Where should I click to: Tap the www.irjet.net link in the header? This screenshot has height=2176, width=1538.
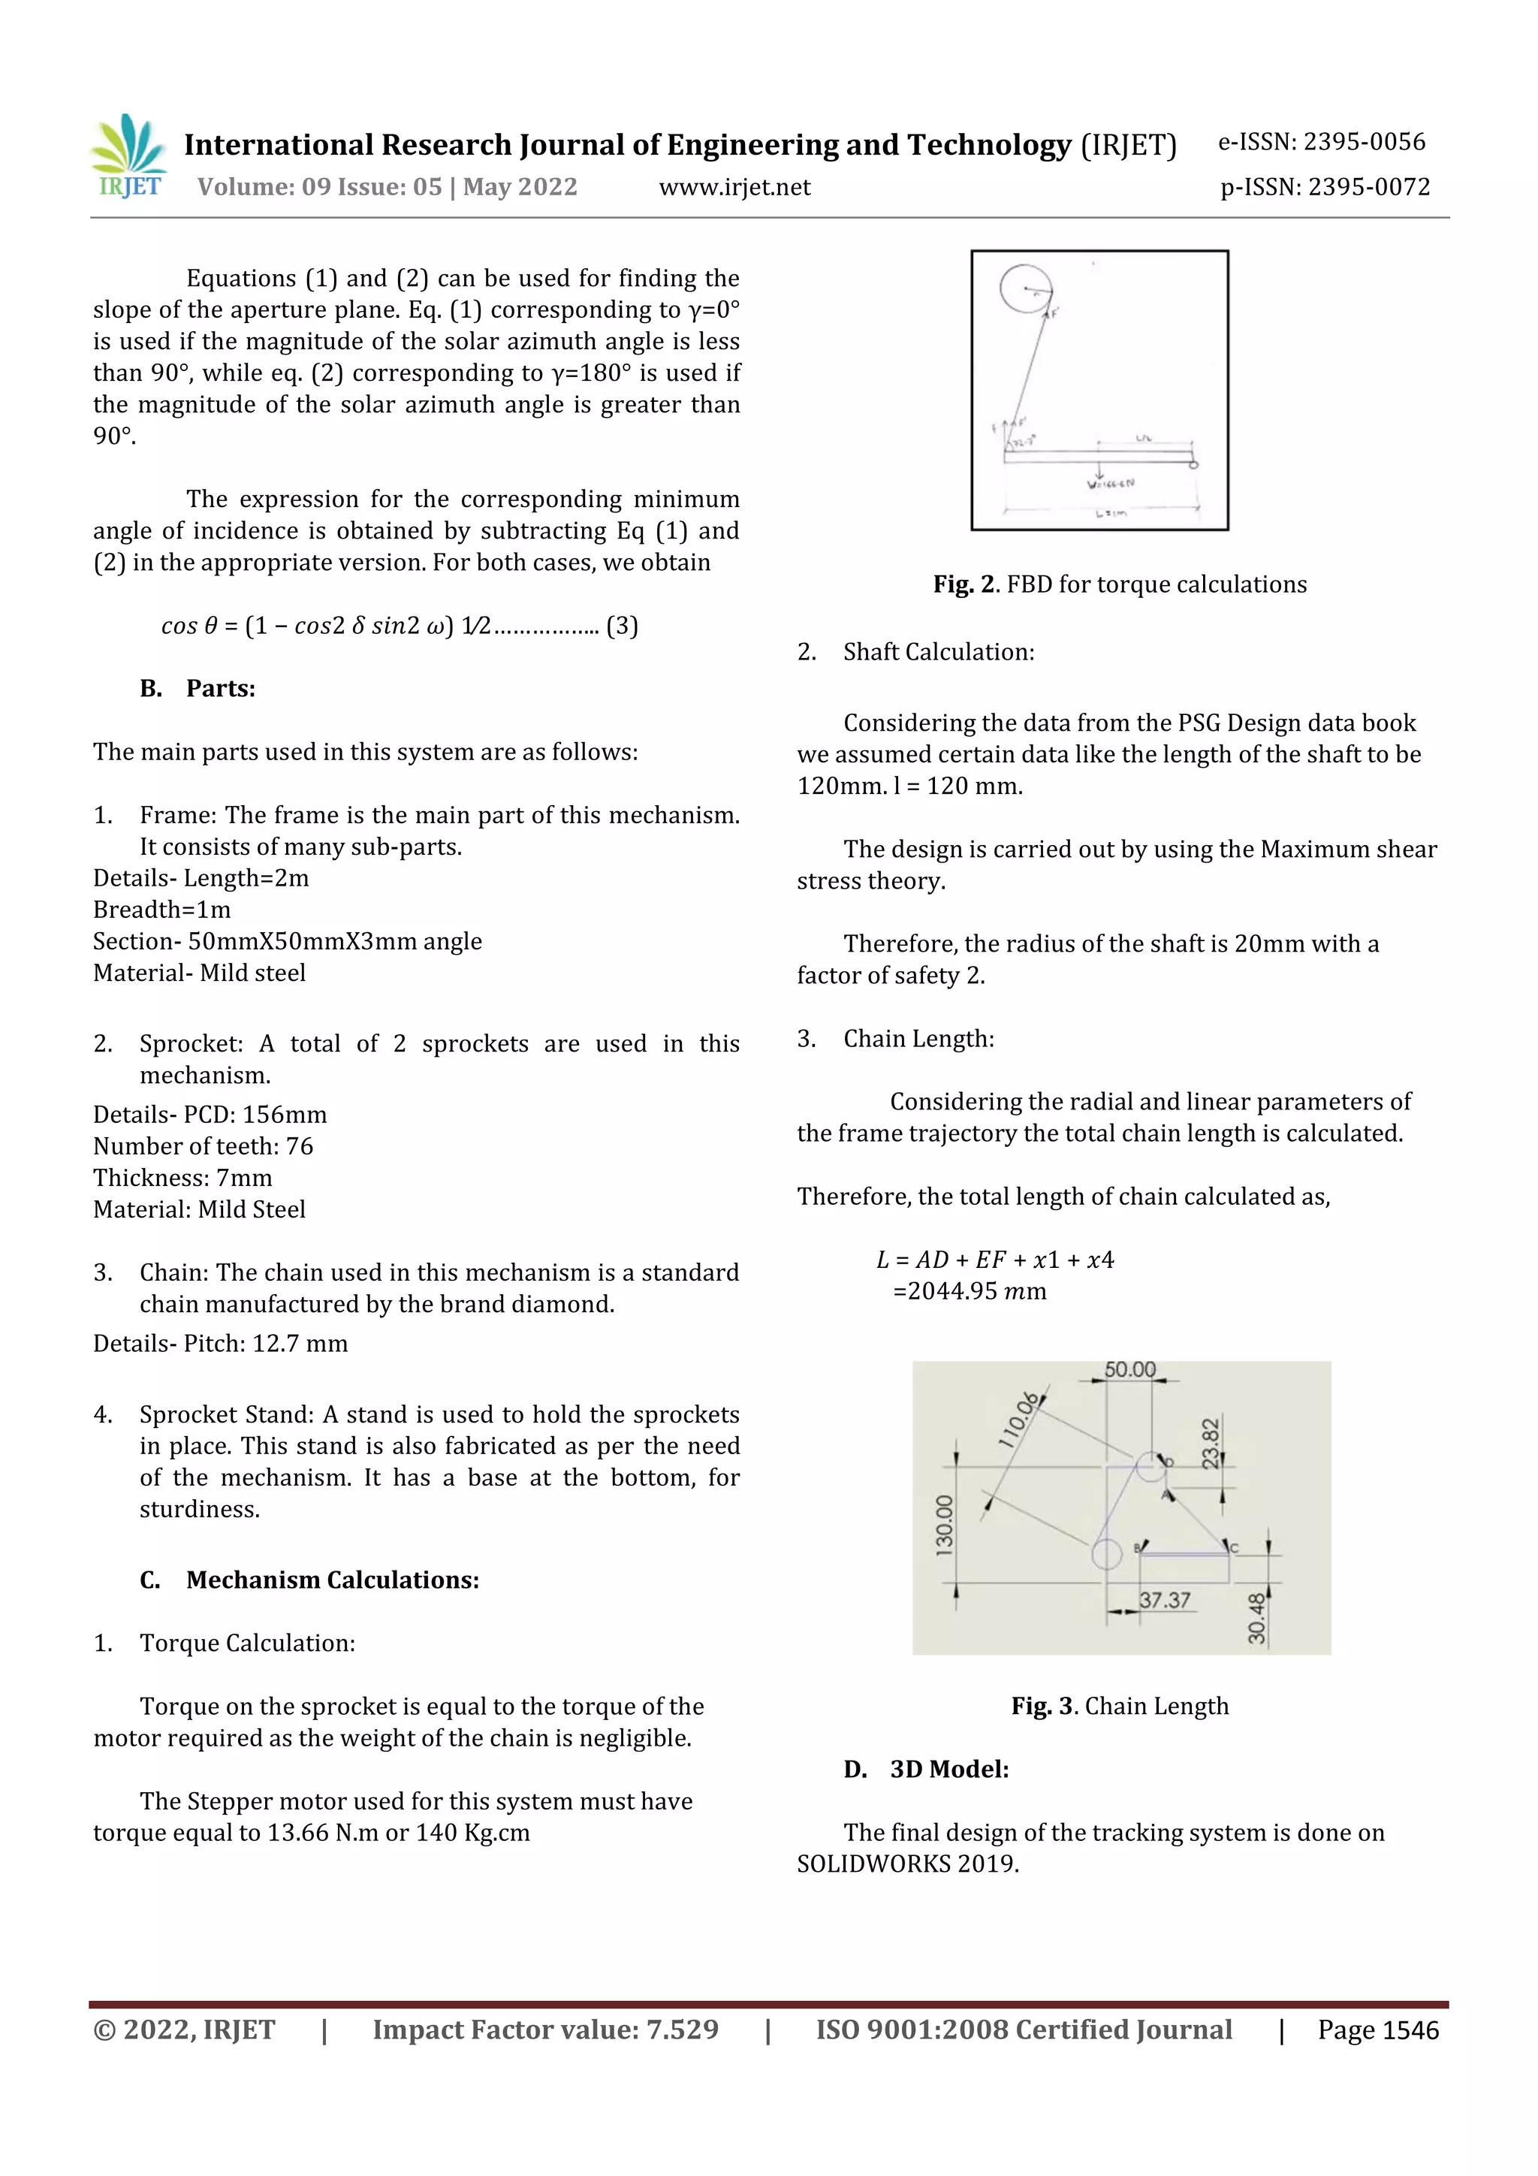[734, 188]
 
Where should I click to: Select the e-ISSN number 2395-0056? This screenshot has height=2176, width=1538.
[1364, 142]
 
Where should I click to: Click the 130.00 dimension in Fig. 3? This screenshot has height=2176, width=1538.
[945, 1525]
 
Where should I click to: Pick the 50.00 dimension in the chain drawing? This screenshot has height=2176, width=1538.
[1129, 1369]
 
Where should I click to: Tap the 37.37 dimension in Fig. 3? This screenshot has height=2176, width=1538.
[1164, 1601]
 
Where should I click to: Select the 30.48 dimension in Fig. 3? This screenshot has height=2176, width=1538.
[1256, 1618]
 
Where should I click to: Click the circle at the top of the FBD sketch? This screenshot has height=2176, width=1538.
[1025, 287]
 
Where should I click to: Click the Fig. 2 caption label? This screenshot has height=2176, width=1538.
[964, 585]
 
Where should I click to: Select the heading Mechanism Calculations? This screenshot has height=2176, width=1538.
[332, 1580]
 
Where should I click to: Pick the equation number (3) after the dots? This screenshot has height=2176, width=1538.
[622, 626]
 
